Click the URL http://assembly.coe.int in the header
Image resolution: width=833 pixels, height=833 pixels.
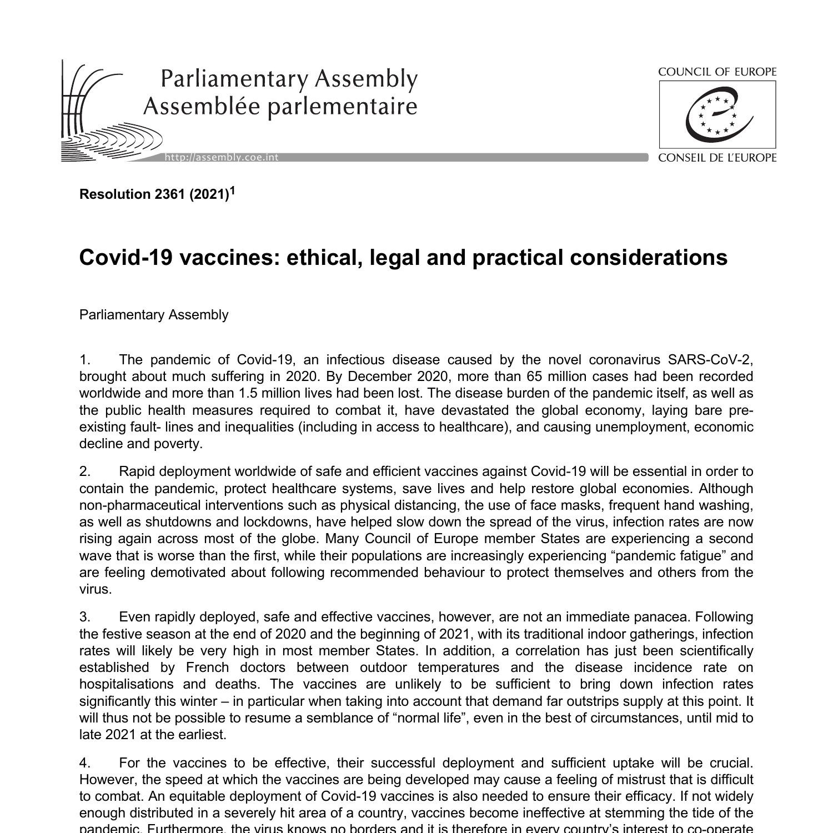[222, 158]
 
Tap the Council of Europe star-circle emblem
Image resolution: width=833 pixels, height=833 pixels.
[717, 115]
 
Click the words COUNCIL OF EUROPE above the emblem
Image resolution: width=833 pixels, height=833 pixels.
[717, 72]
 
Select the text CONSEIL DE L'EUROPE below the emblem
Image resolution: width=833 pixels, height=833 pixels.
[717, 158]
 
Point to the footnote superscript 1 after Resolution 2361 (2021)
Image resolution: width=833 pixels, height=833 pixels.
[233, 191]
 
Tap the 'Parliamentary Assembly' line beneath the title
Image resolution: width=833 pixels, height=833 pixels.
[154, 315]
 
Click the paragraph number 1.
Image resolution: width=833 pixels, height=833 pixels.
[84, 360]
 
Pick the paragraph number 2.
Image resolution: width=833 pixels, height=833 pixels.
[84, 471]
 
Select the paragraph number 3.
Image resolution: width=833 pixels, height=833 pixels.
[84, 617]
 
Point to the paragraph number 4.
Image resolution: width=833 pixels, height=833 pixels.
[84, 762]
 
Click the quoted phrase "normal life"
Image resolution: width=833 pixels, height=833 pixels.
[430, 717]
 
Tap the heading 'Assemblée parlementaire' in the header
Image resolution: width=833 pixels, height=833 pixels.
[280, 106]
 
